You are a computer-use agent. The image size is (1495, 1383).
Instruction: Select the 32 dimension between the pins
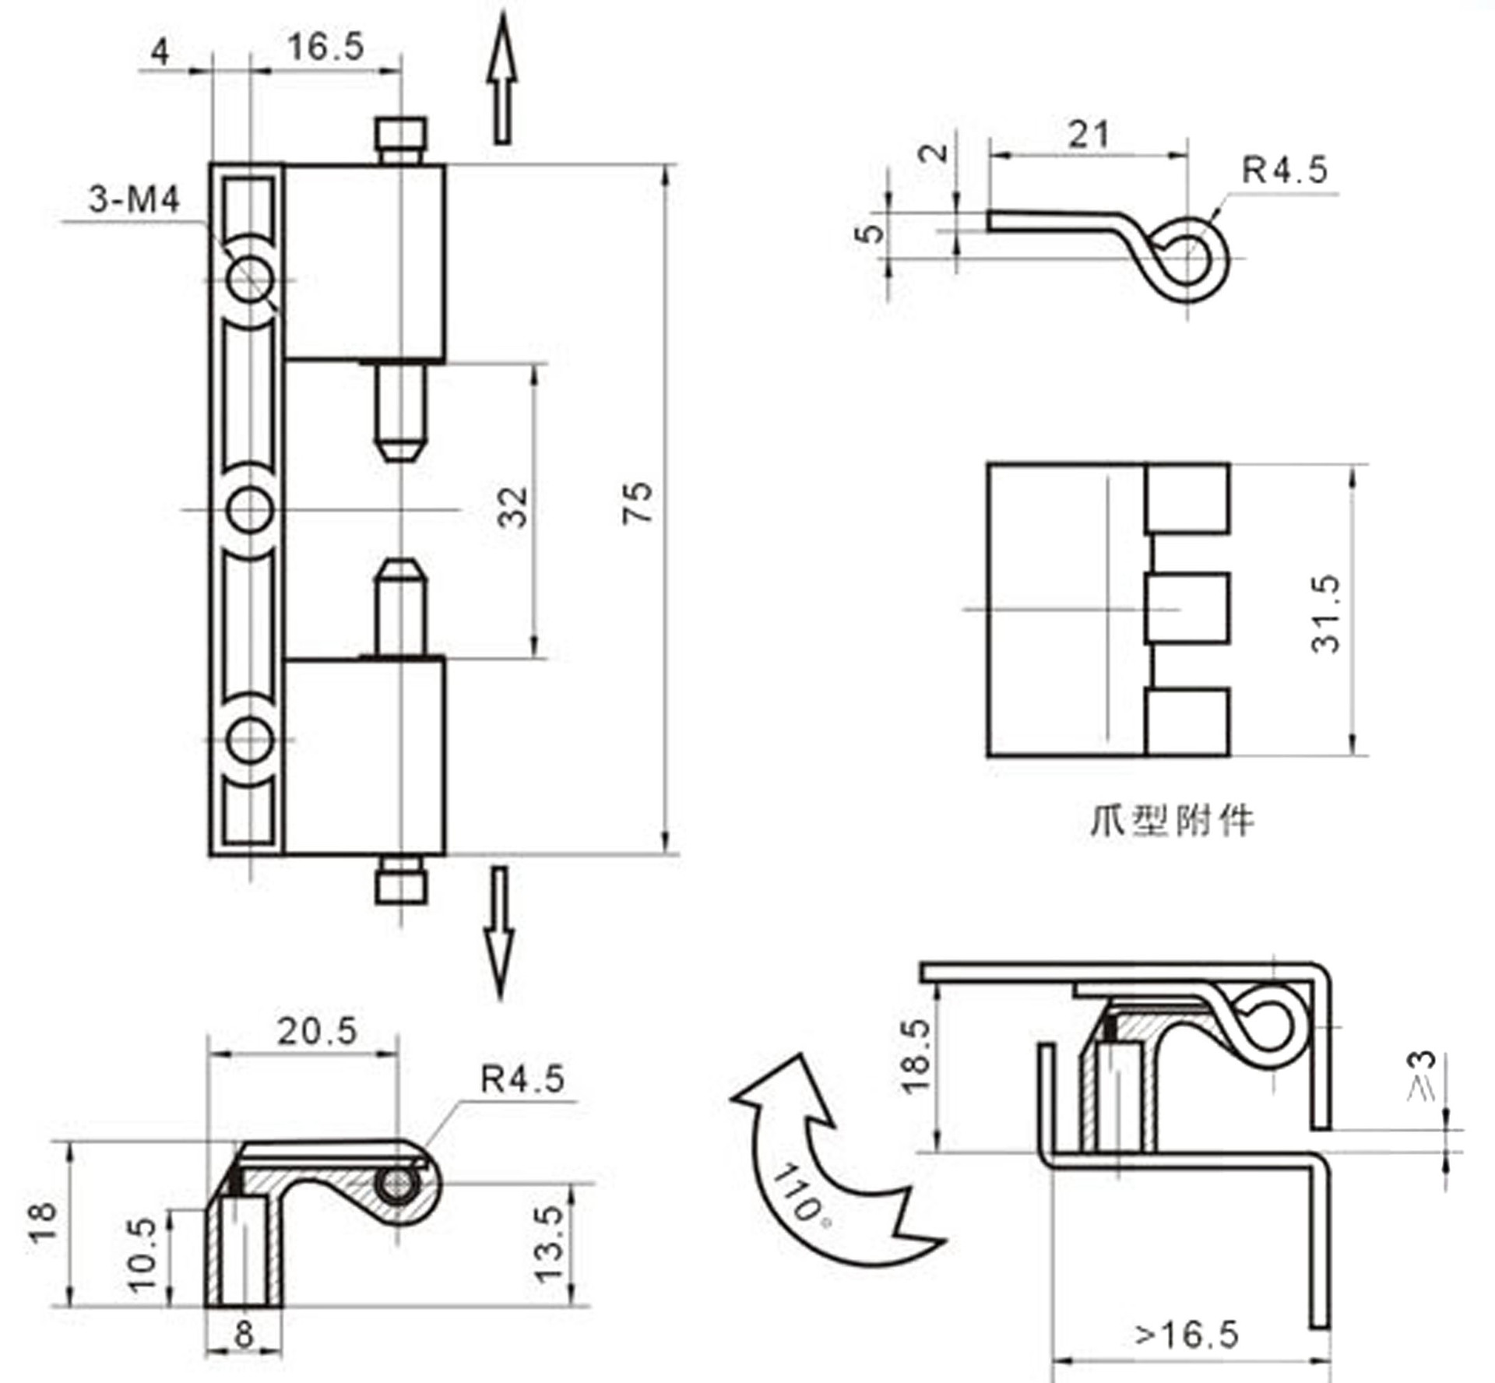pyautogui.click(x=512, y=508)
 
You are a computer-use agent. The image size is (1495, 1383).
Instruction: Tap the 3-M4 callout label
pyautogui.click(x=134, y=201)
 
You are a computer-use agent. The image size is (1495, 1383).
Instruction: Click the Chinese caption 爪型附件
pyautogui.click(x=1171, y=821)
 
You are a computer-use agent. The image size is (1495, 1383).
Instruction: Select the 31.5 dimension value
pyautogui.click(x=1325, y=613)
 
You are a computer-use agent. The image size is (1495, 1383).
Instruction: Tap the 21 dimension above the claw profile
pyautogui.click(x=1088, y=135)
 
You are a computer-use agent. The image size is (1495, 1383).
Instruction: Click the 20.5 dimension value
pyautogui.click(x=317, y=1032)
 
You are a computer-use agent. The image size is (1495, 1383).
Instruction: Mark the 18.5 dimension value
pyautogui.click(x=916, y=1056)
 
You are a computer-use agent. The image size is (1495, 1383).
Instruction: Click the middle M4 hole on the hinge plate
pyautogui.click(x=251, y=510)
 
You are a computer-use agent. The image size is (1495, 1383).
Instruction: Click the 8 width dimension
pyautogui.click(x=244, y=1335)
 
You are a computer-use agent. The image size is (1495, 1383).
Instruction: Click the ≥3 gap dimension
pyautogui.click(x=1421, y=1077)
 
